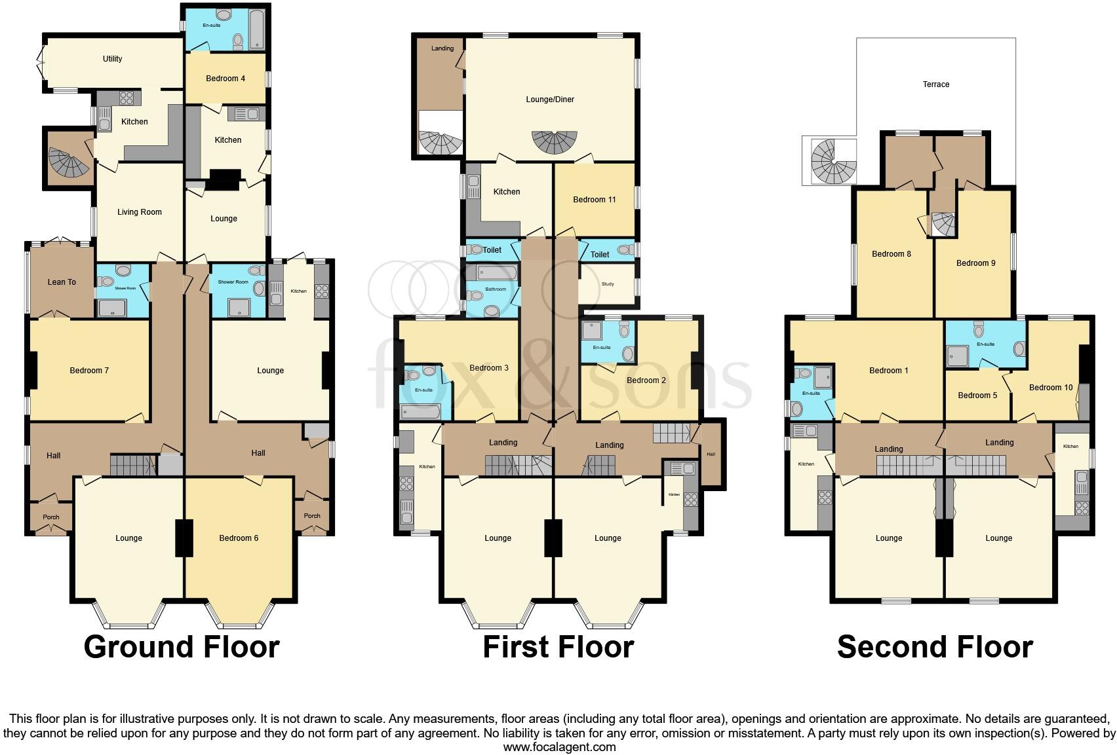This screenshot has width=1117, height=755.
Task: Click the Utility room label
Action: coord(112,59)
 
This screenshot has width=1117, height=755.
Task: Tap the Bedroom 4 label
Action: coord(225,79)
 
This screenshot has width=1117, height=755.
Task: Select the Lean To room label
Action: coord(62,282)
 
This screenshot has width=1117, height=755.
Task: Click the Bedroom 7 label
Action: coord(89,371)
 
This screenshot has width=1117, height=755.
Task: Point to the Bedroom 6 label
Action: coord(239,538)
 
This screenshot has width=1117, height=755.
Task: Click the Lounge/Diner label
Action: coord(550,100)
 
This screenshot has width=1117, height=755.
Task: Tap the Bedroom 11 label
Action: coord(594,200)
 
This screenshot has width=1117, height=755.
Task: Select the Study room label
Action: coord(608,284)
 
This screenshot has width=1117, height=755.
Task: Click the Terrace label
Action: coord(935,84)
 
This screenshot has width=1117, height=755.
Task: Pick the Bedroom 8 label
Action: coord(891,254)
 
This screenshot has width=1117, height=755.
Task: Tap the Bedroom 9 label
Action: coord(975,263)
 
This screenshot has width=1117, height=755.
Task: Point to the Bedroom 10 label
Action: coord(1050,388)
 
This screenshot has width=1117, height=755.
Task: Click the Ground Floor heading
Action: coord(182,647)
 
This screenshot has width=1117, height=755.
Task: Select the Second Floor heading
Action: coord(935,647)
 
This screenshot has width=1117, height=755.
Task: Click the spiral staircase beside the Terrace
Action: coord(833,162)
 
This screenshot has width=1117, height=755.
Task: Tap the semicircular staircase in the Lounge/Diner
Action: coord(555,141)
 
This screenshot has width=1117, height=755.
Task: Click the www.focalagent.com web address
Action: coord(559,746)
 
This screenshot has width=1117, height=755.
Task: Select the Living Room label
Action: coord(139,212)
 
